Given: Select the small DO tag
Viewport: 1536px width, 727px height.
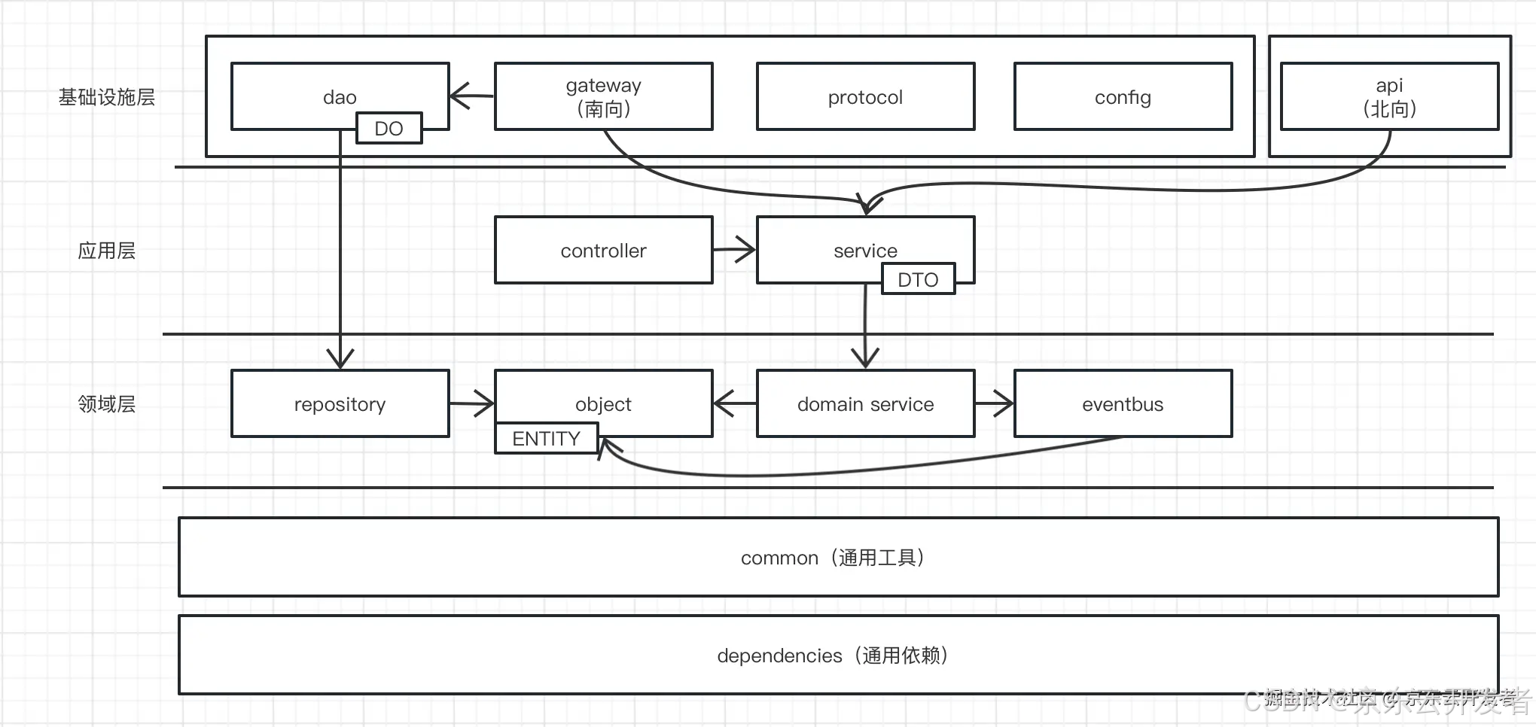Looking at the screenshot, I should tap(389, 129).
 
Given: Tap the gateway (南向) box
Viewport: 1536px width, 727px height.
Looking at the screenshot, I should tap(603, 96).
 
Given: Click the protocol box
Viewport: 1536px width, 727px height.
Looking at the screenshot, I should tap(865, 97).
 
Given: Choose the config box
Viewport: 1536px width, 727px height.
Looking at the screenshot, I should tap(1123, 97).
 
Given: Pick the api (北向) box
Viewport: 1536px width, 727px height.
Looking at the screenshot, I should tap(1389, 96).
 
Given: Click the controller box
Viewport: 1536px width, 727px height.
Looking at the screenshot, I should tap(603, 251).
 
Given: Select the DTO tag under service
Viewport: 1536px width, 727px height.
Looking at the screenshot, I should tap(918, 279).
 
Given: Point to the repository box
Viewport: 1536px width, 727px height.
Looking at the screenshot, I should tap(340, 404).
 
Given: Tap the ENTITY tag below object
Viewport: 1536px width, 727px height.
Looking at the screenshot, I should tap(546, 439).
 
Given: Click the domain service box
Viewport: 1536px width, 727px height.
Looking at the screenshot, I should tap(865, 404).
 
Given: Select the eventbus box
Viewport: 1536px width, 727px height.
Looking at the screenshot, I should tap(1123, 404).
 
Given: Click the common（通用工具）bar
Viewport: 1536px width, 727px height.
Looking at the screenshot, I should tap(837, 558).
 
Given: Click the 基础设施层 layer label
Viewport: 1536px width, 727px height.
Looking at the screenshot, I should tap(106, 97).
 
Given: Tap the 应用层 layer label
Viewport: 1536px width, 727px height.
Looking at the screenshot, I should tap(106, 251).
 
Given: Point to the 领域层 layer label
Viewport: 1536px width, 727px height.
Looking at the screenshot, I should tap(106, 404).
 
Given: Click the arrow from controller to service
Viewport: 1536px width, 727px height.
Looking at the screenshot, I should tap(734, 250).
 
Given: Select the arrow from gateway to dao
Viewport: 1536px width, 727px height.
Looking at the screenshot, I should tap(471, 96).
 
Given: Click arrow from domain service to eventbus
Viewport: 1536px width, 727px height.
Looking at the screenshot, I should tap(994, 403).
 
